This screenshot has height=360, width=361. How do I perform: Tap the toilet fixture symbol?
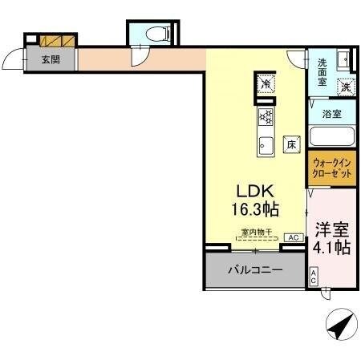(x=160, y=34)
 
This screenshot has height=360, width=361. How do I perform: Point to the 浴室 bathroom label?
(x=331, y=115)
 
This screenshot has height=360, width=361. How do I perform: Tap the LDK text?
(x=254, y=192)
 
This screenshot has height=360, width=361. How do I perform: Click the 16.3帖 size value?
(x=254, y=211)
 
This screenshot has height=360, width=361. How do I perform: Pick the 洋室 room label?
(x=331, y=228)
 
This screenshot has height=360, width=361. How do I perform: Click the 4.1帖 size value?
(x=331, y=247)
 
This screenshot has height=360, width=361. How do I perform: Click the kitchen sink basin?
(x=266, y=145)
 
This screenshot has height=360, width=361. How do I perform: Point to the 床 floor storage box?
(x=293, y=145)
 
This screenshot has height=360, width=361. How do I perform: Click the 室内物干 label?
(x=257, y=233)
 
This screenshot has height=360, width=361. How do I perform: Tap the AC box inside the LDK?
(x=292, y=238)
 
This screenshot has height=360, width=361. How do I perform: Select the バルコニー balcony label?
(x=254, y=270)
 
